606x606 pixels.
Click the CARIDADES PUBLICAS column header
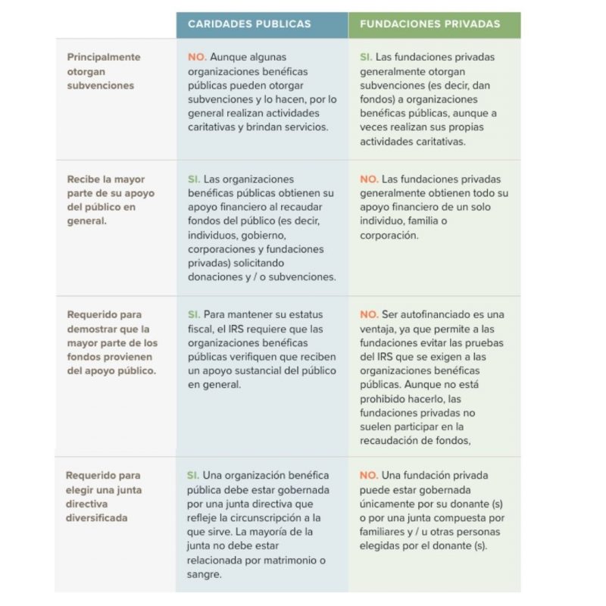pyautogui.click(x=249, y=24)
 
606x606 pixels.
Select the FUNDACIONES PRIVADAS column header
pyautogui.click(x=430, y=24)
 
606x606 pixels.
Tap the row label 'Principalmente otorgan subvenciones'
pyautogui.click(x=103, y=71)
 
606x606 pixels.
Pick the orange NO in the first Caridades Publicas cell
pyautogui.click(x=196, y=57)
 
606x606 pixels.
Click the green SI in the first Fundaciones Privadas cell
pyautogui.click(x=366, y=57)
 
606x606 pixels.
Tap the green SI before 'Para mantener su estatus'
pyautogui.click(x=194, y=314)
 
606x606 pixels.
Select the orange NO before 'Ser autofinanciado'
pyautogui.click(x=369, y=314)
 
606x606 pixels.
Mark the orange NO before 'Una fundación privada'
pyautogui.click(x=369, y=476)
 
